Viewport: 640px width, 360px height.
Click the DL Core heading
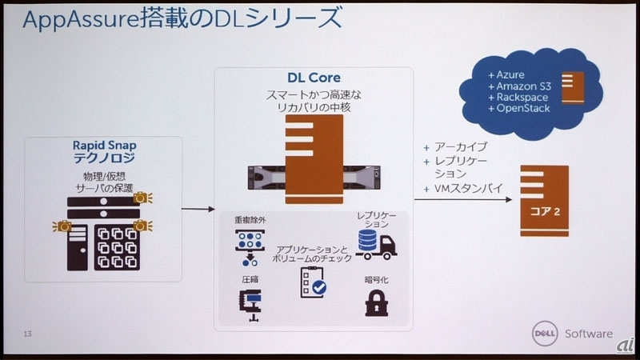[x=313, y=78]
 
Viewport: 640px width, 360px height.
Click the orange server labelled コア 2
[x=544, y=201]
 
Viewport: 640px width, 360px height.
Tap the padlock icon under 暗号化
[x=375, y=302]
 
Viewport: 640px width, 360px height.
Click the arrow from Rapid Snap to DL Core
[x=195, y=210]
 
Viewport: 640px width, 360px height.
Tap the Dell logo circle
[x=546, y=334]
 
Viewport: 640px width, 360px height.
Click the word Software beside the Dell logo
[x=589, y=334]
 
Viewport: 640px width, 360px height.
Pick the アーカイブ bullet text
[x=460, y=148]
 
